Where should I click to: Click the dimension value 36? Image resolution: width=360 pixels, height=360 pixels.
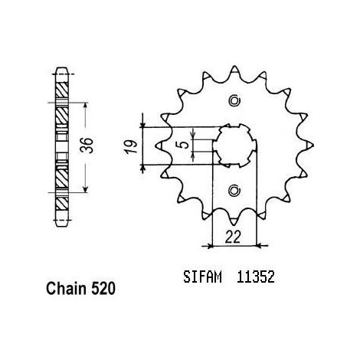[x=87, y=146]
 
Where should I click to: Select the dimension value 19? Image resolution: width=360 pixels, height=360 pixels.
[x=131, y=146]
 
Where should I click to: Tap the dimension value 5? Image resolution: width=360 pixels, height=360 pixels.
[x=185, y=145]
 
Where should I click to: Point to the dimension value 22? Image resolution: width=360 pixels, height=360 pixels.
[x=233, y=237]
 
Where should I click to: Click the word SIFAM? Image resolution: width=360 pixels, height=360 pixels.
[x=202, y=277]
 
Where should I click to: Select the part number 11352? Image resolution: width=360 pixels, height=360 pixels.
[x=256, y=277]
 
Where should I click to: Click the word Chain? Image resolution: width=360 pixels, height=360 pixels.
[x=66, y=289]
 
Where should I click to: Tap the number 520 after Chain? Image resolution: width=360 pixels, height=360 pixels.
[x=103, y=289]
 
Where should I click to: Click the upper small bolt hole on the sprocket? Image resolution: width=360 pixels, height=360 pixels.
[x=234, y=100]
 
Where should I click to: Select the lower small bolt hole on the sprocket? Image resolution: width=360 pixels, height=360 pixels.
[x=234, y=191]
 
